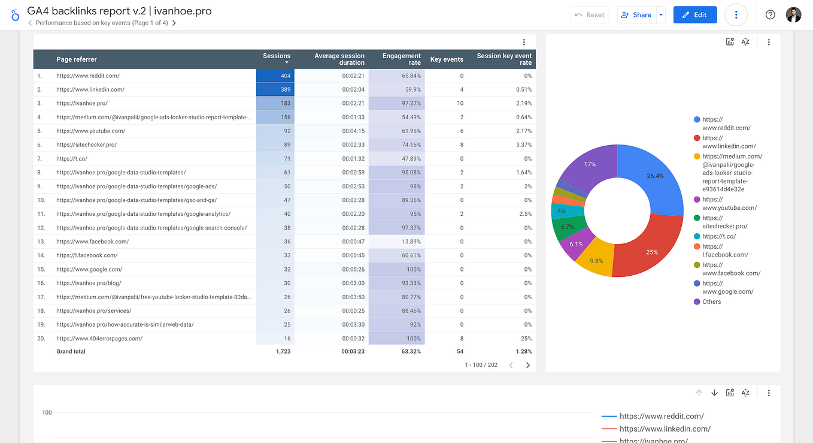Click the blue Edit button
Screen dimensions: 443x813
tap(694, 15)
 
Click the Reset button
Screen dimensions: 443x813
tap(590, 15)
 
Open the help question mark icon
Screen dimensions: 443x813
tap(770, 15)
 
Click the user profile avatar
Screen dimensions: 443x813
tap(793, 15)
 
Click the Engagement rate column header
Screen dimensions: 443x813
tap(402, 59)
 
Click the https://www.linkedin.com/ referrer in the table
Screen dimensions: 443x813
tap(90, 90)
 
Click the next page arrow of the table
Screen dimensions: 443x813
tap(527, 365)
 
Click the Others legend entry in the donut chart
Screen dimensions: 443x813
tap(711, 302)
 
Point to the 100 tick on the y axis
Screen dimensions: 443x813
tap(47, 412)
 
